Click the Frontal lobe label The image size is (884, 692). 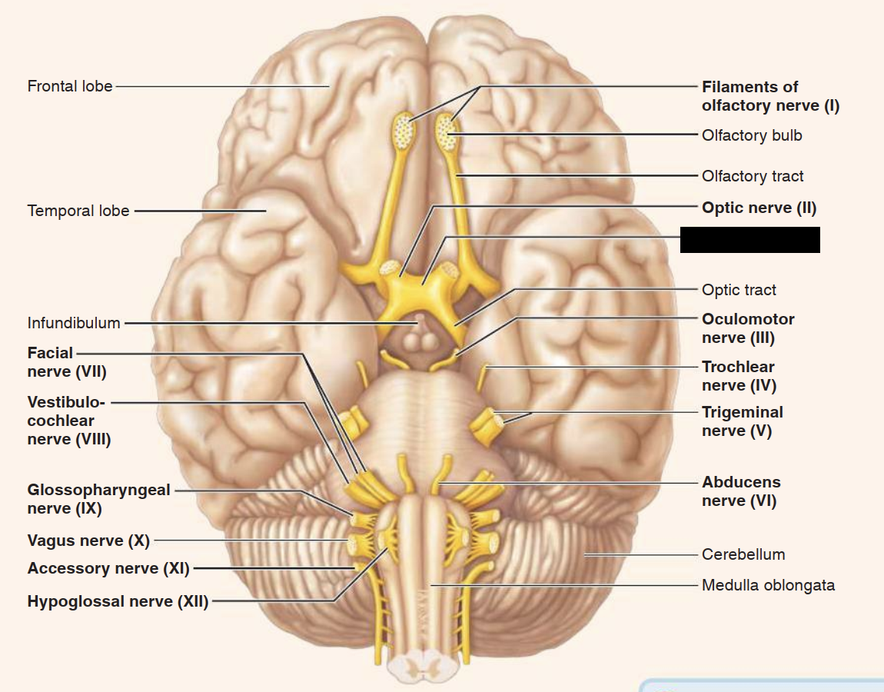coord(70,86)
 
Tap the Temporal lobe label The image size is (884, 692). coord(78,211)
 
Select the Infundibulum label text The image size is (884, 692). coord(74,323)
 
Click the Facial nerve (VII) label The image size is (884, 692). coord(66,363)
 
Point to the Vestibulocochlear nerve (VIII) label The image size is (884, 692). coord(68,421)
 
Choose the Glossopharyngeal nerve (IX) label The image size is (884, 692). coord(98,499)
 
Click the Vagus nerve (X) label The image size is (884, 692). coord(88,541)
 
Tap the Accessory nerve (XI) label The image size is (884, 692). coord(108,568)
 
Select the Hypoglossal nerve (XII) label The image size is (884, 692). coord(118,601)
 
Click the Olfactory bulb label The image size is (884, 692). coord(751,135)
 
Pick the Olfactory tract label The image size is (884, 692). coord(752,176)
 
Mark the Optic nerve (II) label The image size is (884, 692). coord(758,208)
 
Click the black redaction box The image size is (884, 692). coord(749,240)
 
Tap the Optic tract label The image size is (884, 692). coord(739,290)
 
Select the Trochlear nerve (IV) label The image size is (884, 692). coord(738,376)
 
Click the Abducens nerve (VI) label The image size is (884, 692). coord(740,491)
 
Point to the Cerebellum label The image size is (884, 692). coord(743,554)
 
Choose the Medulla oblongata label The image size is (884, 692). coord(767,585)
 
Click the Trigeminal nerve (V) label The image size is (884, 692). coord(741,421)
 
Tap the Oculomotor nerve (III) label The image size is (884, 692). coord(747,328)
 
